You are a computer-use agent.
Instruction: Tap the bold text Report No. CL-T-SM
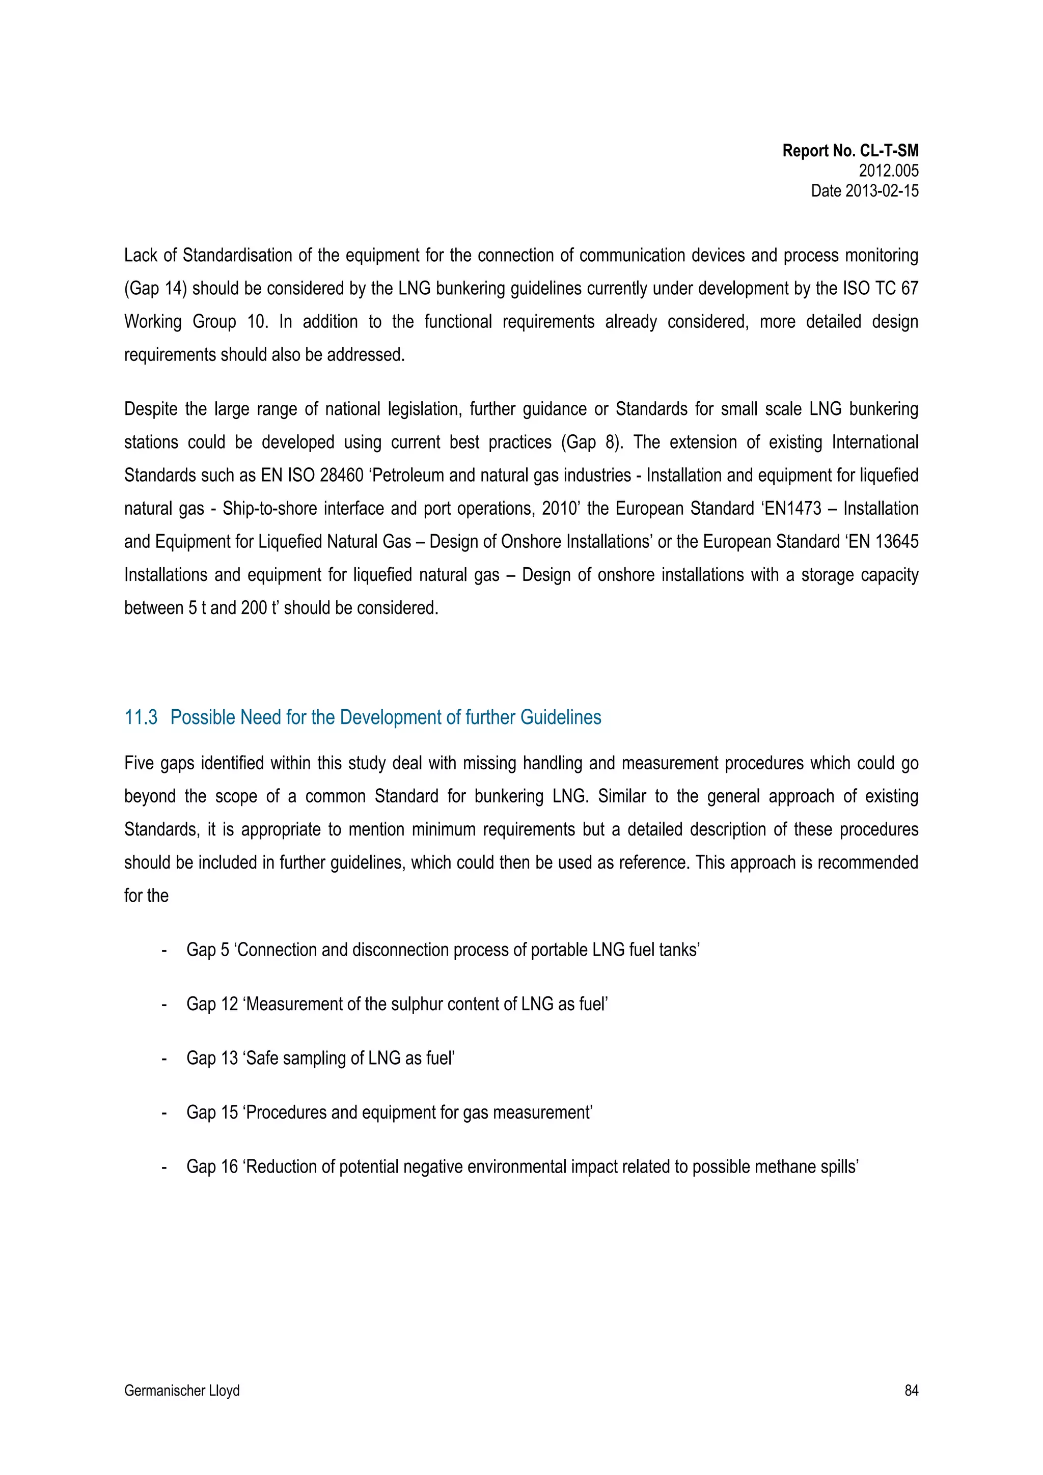pyautogui.click(x=849, y=151)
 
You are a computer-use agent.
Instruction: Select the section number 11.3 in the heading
pyautogui.click(x=141, y=717)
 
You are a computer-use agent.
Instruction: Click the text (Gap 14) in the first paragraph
pyautogui.click(x=155, y=289)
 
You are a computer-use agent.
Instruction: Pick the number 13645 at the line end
pyautogui.click(x=896, y=542)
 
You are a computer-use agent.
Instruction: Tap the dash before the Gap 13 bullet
pyautogui.click(x=164, y=1059)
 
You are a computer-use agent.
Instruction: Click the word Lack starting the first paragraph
pyautogui.click(x=141, y=256)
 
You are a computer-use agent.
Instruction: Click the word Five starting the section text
pyautogui.click(x=140, y=763)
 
